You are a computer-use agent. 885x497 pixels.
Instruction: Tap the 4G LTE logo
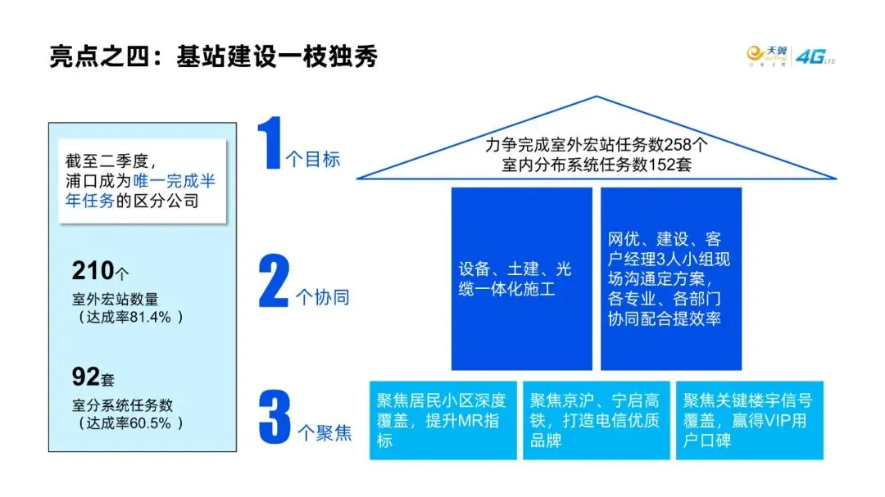[x=815, y=56]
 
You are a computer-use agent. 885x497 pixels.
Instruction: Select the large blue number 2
[x=275, y=282]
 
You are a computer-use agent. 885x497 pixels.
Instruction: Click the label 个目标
[x=313, y=160]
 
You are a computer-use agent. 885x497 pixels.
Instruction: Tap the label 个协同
[x=321, y=296]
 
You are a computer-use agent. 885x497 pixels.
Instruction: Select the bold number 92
[x=85, y=377]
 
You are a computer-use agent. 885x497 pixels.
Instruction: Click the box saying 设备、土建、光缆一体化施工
[x=521, y=279]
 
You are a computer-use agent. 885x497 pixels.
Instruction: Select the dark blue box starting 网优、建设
[x=670, y=279]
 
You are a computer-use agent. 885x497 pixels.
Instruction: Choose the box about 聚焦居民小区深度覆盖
[x=442, y=420]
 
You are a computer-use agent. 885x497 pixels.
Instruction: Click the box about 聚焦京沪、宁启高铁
[x=596, y=420]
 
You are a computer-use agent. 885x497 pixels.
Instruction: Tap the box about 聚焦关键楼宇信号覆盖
[x=749, y=420]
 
